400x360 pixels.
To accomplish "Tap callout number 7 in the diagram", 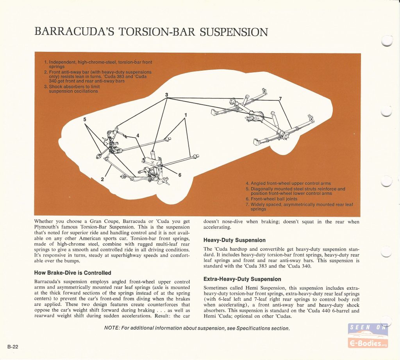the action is click(x=280, y=98).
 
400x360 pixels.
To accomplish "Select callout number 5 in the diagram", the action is click(x=85, y=119).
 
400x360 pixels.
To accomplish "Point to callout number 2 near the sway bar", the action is click(x=102, y=179).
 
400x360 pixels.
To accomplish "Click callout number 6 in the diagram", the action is click(x=180, y=175).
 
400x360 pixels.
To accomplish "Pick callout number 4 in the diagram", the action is click(x=138, y=135).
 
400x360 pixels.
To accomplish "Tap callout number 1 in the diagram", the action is click(x=186, y=115).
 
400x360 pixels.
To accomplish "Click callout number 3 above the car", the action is click(x=166, y=95).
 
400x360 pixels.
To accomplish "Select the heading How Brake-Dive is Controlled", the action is click(x=73, y=273).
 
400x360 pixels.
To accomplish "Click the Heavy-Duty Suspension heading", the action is click(x=234, y=240).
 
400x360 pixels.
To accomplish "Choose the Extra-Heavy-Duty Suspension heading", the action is click(x=242, y=279).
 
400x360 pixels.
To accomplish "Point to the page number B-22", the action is click(x=13, y=346).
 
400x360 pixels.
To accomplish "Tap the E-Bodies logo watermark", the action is click(x=368, y=335).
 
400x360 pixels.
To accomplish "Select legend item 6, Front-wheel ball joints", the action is click(x=271, y=199).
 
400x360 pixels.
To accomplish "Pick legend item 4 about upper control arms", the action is click(x=288, y=183).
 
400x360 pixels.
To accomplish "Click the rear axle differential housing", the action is click(x=253, y=117).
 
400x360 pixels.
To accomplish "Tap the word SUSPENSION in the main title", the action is click(x=234, y=32).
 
